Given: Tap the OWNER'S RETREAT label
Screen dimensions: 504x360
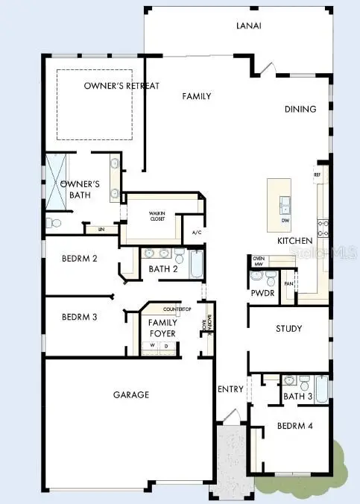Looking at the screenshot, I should tap(121, 86).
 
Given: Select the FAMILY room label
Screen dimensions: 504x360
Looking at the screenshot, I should tap(197, 96).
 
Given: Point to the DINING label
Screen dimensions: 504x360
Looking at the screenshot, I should tap(300, 109).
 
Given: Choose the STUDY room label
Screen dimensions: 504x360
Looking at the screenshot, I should tap(288, 329).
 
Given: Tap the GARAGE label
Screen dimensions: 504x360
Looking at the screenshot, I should tap(131, 394).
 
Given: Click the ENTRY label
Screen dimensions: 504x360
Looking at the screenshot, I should tap(231, 390).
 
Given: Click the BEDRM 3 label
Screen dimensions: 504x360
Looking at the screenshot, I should tap(80, 317).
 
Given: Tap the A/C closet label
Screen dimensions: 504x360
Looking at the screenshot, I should tap(197, 233).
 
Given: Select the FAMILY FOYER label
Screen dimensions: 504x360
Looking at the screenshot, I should tap(162, 328).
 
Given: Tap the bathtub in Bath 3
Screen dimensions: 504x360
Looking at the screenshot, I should tap(321, 388).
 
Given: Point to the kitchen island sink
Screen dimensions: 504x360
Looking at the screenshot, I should tap(285, 202).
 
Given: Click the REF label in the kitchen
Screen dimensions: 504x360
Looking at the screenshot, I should tap(317, 174).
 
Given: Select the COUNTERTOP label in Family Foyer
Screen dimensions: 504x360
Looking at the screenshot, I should tap(178, 309).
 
